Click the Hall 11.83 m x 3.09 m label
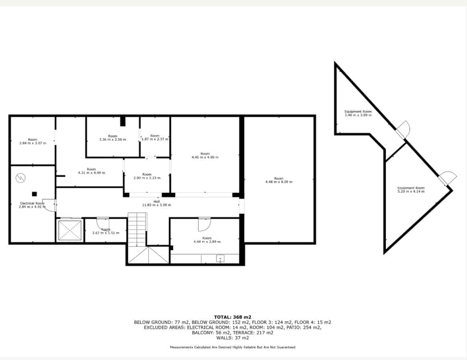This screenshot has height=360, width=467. [x=156, y=203]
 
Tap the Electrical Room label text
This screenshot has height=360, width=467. [x=32, y=205]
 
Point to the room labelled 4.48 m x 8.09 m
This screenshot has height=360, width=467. [x=279, y=180]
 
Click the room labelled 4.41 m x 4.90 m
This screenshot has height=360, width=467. [x=205, y=155]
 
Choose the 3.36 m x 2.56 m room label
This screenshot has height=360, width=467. [x=113, y=138]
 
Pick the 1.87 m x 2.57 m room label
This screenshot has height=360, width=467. [x=155, y=137]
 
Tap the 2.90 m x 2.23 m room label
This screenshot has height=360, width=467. [x=147, y=176]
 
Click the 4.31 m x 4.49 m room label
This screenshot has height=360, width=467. [x=91, y=171]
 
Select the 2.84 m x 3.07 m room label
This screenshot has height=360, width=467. [x=33, y=141]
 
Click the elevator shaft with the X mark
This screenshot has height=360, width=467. [x=70, y=231]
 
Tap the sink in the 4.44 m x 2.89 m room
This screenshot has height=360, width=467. [x=220, y=258]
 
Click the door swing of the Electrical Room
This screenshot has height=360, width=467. [x=49, y=205]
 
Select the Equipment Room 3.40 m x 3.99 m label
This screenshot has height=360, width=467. [x=358, y=113]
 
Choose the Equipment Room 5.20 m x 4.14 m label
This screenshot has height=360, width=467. [x=411, y=190]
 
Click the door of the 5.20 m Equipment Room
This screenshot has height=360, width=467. [x=448, y=178]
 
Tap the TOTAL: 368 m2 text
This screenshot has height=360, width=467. [x=232, y=317]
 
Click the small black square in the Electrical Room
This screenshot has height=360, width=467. [x=35, y=194]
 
